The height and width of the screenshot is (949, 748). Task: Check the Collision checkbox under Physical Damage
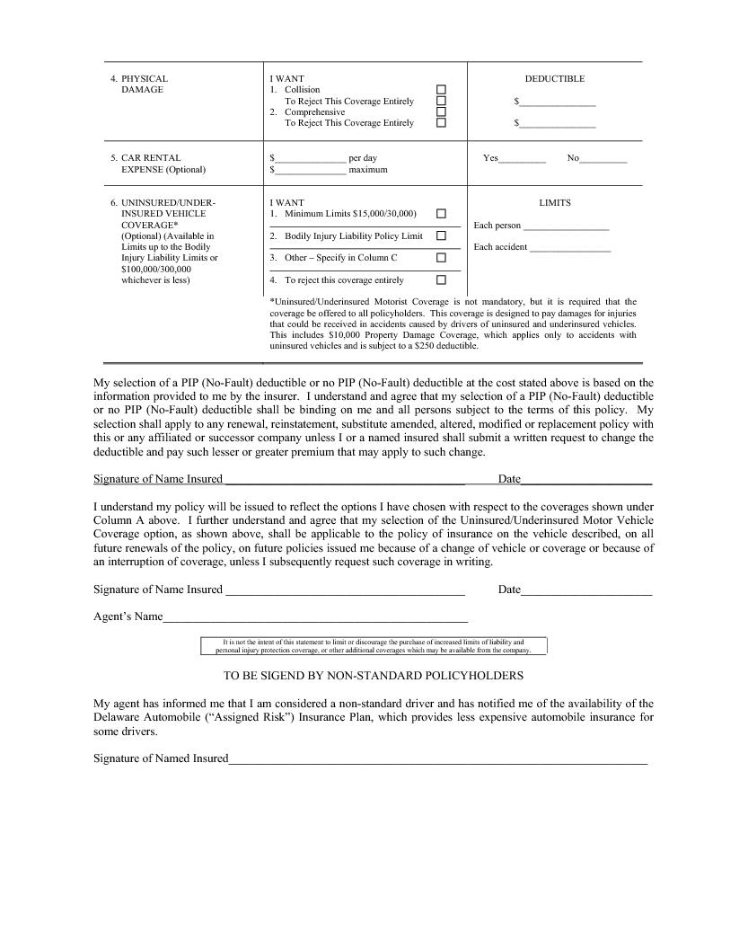(x=441, y=90)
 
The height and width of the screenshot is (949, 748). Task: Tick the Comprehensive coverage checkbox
(x=441, y=112)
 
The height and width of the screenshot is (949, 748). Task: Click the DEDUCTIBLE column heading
(x=554, y=79)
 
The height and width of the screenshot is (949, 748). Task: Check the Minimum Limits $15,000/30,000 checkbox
(x=441, y=214)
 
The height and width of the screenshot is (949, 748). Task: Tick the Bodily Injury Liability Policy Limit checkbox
(x=441, y=235)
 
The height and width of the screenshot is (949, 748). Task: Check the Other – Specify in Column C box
(x=441, y=258)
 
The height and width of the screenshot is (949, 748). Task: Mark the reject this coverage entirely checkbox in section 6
(x=441, y=280)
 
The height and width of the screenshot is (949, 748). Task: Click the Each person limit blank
(x=566, y=226)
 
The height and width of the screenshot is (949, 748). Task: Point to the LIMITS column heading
(x=554, y=203)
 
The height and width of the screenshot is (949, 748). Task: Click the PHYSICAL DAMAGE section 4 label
(x=144, y=84)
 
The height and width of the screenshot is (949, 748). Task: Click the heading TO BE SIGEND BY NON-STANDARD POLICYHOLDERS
(x=373, y=675)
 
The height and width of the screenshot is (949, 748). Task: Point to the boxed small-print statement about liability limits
(x=373, y=646)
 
